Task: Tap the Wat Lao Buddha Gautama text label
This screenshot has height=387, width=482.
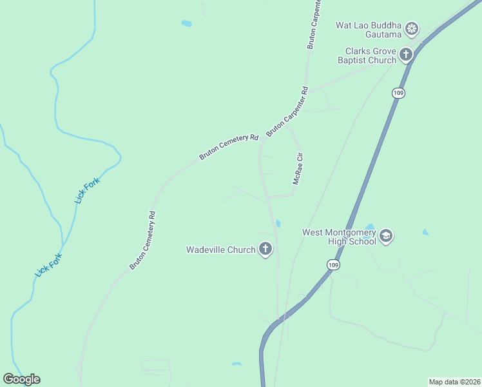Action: [x=369, y=29]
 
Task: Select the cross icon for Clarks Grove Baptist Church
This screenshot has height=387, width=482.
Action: [x=406, y=55]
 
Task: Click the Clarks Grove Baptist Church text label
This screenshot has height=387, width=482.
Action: [x=367, y=55]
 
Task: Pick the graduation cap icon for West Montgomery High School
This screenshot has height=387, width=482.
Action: [x=386, y=236]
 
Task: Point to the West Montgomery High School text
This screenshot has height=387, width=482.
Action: [x=339, y=236]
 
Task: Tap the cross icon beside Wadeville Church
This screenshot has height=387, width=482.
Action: [x=265, y=249]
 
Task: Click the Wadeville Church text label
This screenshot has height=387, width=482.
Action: [x=221, y=250]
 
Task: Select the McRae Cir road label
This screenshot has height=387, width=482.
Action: [x=298, y=169]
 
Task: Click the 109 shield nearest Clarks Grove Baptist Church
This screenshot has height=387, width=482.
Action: [x=398, y=94]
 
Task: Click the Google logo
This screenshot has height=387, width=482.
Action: [x=21, y=379]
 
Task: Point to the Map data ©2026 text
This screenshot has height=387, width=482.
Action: [x=455, y=382]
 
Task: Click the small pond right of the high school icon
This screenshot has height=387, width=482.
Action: [x=425, y=232]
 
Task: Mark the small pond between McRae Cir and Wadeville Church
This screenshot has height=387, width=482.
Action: [x=278, y=224]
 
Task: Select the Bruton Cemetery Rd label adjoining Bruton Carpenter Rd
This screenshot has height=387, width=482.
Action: [x=229, y=147]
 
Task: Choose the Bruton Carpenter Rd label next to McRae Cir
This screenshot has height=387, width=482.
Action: [x=287, y=111]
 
